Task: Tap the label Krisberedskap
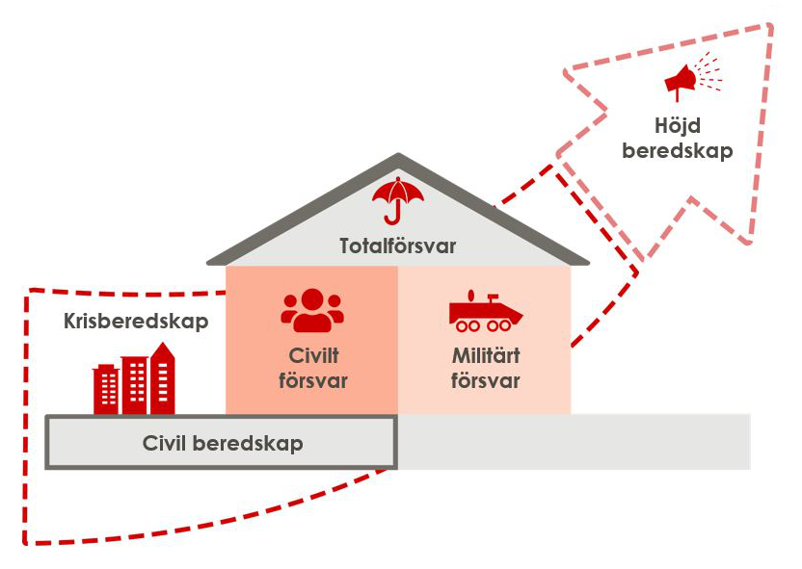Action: click(x=136, y=322)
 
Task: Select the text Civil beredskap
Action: click(x=223, y=443)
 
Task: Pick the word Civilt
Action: click(x=312, y=354)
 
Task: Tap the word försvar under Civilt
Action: click(x=312, y=380)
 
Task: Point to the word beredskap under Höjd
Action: click(x=677, y=151)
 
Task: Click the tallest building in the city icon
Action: click(x=164, y=381)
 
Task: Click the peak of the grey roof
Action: click(x=398, y=157)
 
